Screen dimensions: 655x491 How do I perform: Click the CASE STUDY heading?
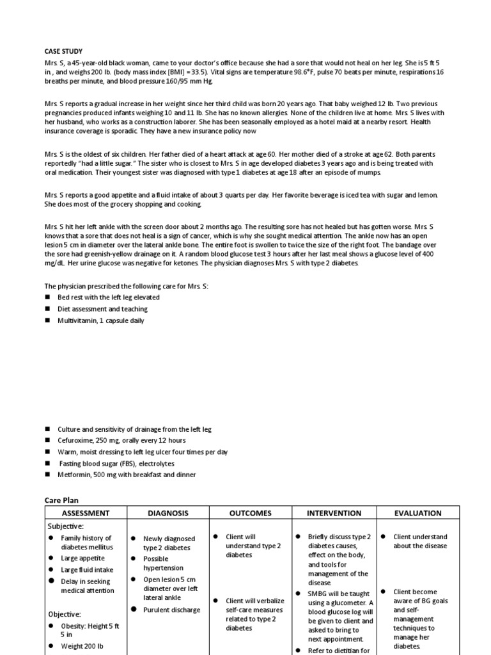tap(63, 51)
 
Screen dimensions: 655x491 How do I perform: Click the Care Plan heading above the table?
tap(61, 500)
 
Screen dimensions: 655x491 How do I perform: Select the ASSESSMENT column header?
tap(86, 513)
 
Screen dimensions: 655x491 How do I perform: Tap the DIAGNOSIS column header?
tap(168, 513)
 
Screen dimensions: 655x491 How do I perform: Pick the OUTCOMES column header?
tap(250, 513)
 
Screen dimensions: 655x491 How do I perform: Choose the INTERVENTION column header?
tap(334, 513)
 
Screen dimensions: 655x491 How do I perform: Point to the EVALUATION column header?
tap(418, 513)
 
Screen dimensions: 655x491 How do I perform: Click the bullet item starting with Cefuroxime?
tap(121, 441)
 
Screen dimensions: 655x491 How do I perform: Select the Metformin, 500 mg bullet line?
tap(127, 475)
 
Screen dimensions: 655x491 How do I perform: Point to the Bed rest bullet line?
tap(108, 297)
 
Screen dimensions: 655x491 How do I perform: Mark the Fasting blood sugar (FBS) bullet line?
tap(116, 463)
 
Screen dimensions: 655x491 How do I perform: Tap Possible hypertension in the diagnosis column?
tap(164, 563)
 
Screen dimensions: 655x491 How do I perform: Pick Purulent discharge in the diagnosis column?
tap(171, 610)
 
